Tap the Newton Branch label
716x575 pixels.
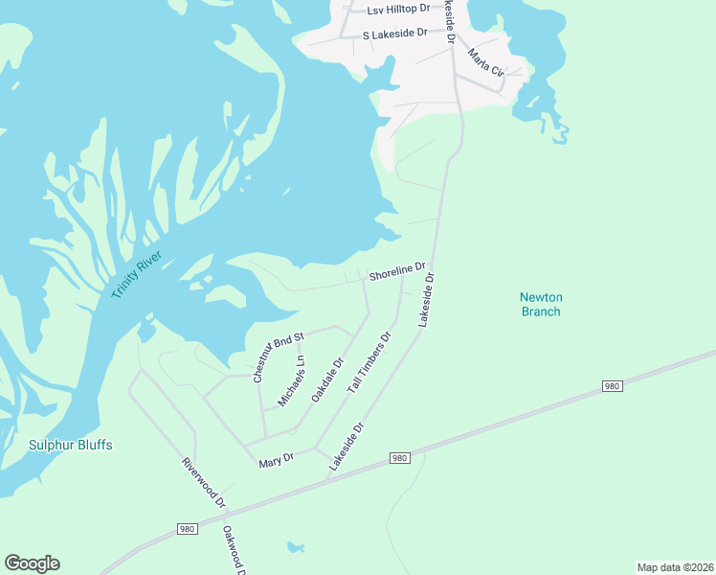point(541,305)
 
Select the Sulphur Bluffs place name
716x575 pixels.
point(71,445)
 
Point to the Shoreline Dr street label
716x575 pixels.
point(398,271)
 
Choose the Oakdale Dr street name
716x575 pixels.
point(326,381)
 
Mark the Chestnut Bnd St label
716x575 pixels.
point(278,357)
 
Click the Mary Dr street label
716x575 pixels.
point(275,463)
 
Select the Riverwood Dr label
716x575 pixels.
point(204,482)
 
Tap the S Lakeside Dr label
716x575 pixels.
point(394,34)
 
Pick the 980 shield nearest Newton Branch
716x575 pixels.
point(614,385)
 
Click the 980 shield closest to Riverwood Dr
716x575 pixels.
point(188,529)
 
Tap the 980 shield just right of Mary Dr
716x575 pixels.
point(400,459)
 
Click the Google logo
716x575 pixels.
point(32,563)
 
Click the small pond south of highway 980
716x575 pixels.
point(295,547)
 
